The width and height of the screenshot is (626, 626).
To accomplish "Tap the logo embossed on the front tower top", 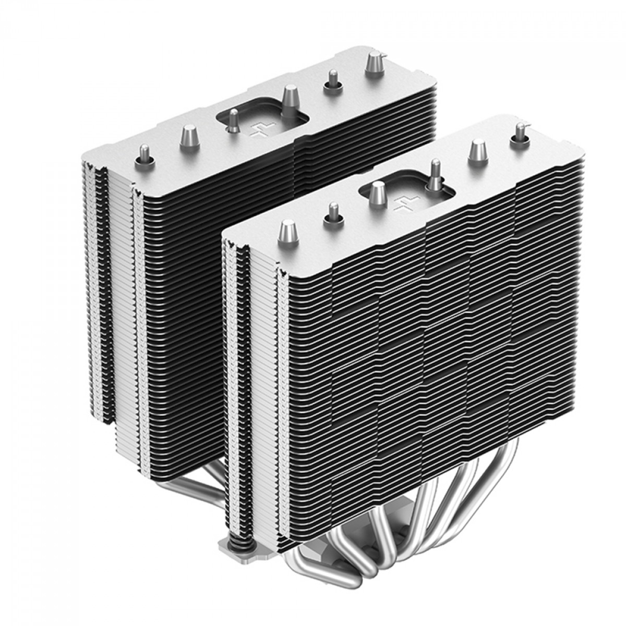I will pos(403,204).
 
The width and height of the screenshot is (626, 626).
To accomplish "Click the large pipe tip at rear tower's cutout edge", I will pos(290,97).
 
